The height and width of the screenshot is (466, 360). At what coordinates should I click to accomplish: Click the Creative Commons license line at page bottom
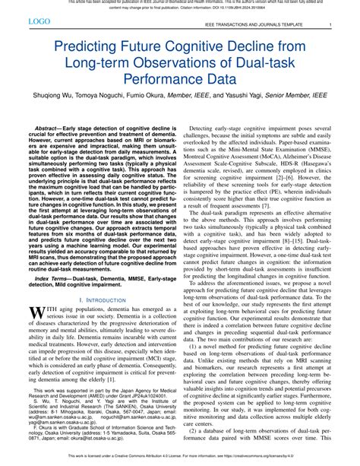(x=180, y=461)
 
